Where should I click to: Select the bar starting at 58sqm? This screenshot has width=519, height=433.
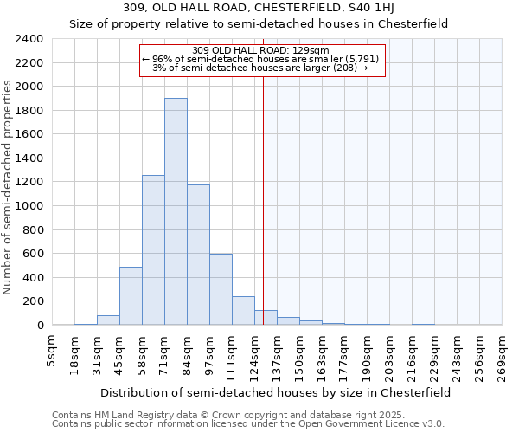tap(153, 250)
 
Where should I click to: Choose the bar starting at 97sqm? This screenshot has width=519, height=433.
tap(221, 289)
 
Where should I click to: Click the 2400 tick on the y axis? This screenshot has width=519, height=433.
tap(29, 39)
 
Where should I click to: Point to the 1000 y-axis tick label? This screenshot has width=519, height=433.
tap(29, 206)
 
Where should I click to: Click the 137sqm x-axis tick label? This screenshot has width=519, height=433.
tap(278, 352)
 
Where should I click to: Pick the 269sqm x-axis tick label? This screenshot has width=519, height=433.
tap(503, 352)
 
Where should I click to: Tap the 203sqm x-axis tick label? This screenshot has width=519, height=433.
tap(390, 352)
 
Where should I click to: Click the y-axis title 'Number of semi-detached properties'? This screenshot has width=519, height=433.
tap(8, 187)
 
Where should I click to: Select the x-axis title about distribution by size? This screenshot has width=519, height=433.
tap(275, 392)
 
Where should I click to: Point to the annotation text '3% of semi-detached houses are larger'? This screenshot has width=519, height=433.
tap(260, 68)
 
